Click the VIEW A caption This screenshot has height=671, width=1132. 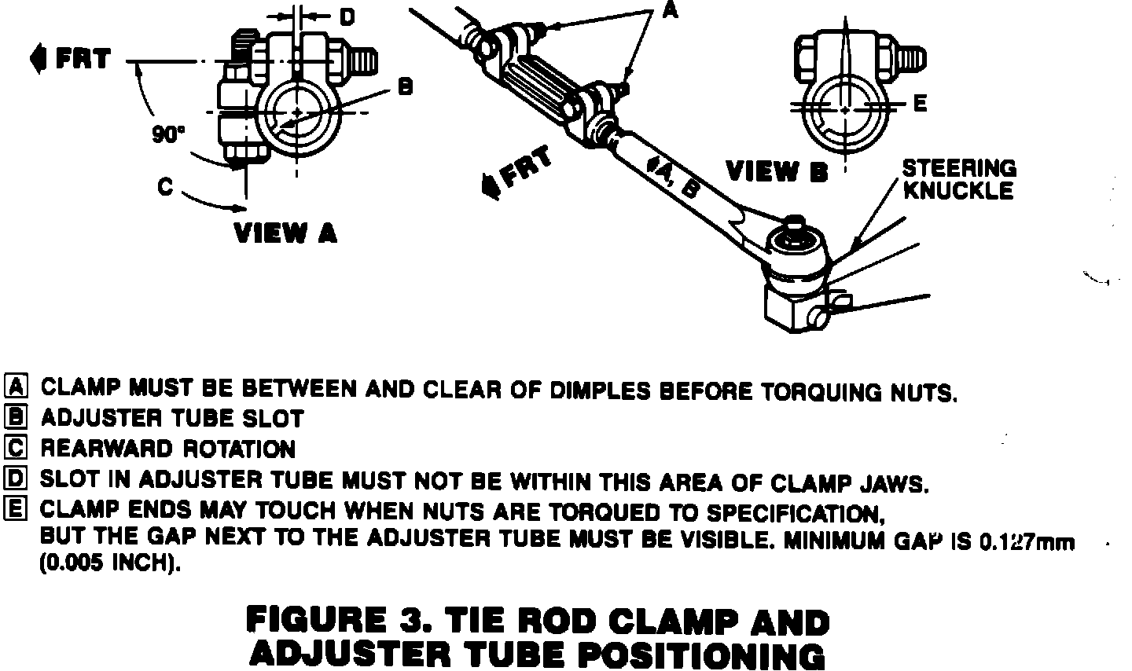[285, 233]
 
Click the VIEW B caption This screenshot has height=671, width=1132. [776, 171]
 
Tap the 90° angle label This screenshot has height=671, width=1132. [167, 134]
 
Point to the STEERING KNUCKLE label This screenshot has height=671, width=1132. [958, 179]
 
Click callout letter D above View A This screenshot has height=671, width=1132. [346, 16]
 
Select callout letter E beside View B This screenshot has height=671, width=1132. [921, 103]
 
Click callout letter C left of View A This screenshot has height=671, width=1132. [165, 187]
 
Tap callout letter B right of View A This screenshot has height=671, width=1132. [405, 88]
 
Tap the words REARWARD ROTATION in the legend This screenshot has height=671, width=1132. [168, 449]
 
